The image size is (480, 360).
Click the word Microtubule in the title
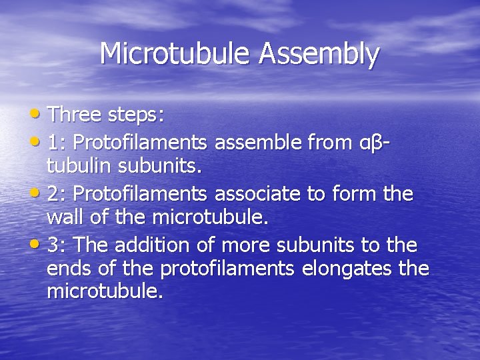pyautogui.click(x=176, y=53)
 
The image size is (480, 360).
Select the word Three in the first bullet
pyautogui.click(x=75, y=115)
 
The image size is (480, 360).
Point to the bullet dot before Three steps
pyautogui.click(x=37, y=114)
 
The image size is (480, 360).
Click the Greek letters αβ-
pyautogui.click(x=375, y=141)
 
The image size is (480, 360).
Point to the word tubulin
pyautogui.click(x=75, y=165)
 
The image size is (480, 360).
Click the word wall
pyautogui.click(x=64, y=217)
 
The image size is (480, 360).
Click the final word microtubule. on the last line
pyautogui.click(x=105, y=292)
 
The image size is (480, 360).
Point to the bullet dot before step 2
pyautogui.click(x=37, y=193)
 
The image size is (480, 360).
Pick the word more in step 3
pyautogui.click(x=244, y=245)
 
